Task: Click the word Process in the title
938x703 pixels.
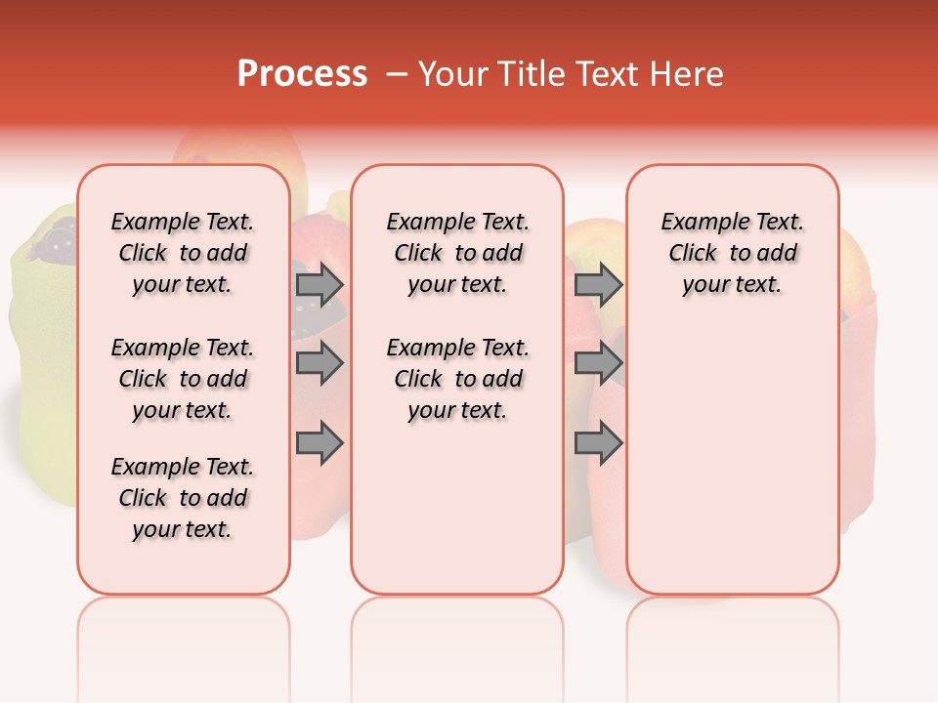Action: (302, 74)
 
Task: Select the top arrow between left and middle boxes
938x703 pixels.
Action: (320, 285)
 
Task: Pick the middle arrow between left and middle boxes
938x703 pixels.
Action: (320, 363)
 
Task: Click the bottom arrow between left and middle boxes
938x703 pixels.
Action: (320, 443)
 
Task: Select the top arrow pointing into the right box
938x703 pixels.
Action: (598, 285)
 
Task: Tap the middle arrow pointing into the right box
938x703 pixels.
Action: (598, 363)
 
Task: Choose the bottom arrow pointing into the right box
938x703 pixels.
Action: (598, 443)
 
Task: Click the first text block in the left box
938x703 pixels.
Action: (183, 253)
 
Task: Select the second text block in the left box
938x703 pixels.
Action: (183, 379)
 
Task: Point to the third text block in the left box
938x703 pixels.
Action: (183, 498)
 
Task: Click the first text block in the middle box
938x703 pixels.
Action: (457, 253)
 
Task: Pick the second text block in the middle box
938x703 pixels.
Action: (457, 379)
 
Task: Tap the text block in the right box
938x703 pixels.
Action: (732, 253)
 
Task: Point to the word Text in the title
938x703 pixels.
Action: (606, 74)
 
